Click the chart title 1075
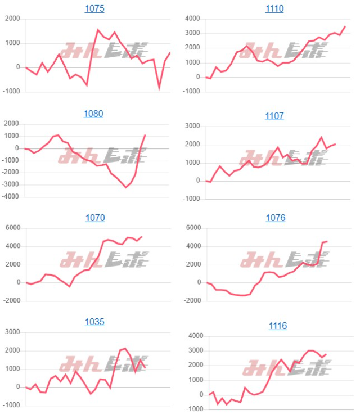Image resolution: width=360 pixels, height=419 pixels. (94, 9)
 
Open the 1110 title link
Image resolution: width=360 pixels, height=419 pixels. (274, 9)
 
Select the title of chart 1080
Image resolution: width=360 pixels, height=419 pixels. (94, 114)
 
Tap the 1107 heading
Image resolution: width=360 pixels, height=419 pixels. (274, 116)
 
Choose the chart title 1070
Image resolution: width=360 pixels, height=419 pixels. (94, 218)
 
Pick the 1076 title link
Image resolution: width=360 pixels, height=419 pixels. (274, 218)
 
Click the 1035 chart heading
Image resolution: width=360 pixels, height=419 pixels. (94, 322)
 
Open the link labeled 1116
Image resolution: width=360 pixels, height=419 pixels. (274, 326)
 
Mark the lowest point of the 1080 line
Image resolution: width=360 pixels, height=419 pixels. (126, 187)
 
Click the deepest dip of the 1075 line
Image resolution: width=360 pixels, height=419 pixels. (159, 88)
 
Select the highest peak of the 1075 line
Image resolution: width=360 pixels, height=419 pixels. (98, 30)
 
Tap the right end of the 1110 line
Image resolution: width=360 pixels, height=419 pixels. (345, 26)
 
